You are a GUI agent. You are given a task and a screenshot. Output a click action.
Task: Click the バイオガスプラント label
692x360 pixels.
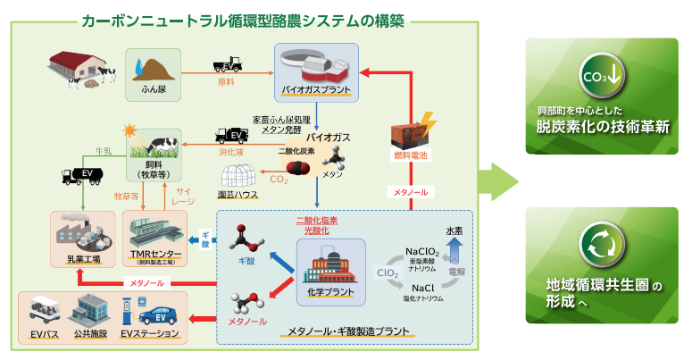pos(314,90)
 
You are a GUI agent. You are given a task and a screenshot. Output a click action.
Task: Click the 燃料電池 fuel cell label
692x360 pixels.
pos(411,156)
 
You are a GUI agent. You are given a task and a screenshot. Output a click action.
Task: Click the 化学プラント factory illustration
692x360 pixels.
pos(330,263)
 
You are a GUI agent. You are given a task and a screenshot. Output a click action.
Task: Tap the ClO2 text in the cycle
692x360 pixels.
pos(388,272)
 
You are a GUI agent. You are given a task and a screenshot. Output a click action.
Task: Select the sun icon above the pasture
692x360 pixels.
pos(131,130)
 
